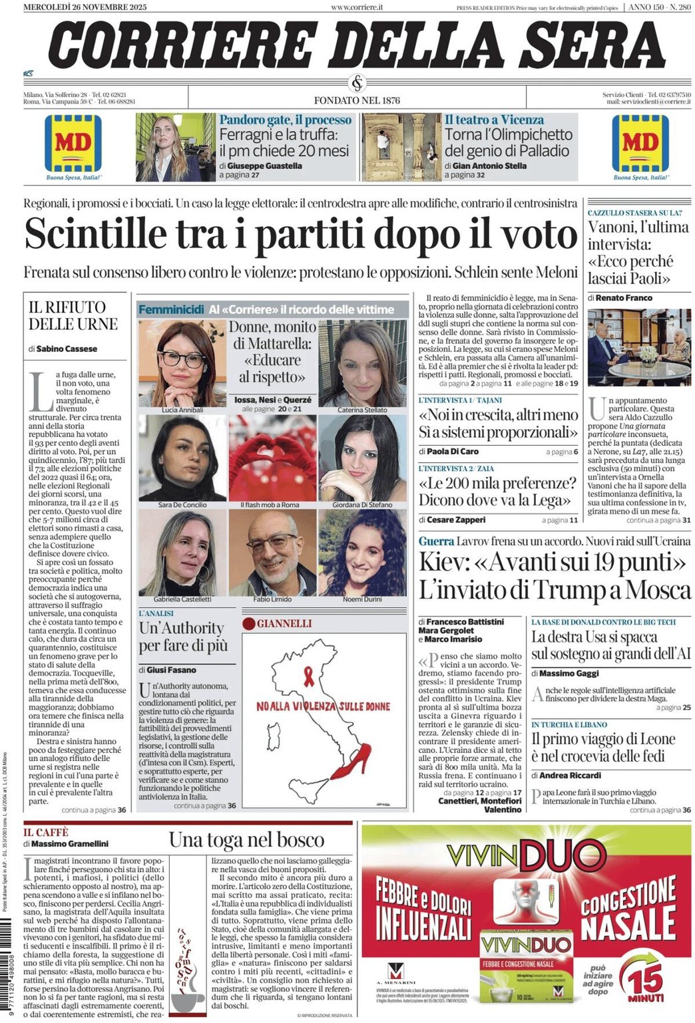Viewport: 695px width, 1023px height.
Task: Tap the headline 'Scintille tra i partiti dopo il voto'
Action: [x=300, y=234]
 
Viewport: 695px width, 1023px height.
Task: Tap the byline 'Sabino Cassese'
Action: [x=67, y=349]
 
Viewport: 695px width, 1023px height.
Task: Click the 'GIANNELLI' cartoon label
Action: [x=284, y=623]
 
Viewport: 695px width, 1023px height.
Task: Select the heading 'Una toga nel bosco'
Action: [x=246, y=840]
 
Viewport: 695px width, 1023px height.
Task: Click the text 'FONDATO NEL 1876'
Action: [x=357, y=100]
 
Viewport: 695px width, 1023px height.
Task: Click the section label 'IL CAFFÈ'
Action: [x=47, y=832]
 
